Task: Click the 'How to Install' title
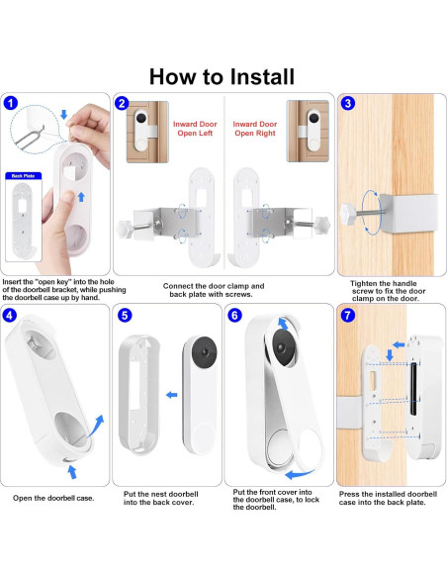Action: [x=222, y=76]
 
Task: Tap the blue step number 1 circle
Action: [x=11, y=103]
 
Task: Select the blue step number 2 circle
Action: [x=122, y=103]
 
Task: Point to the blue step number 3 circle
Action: [x=347, y=103]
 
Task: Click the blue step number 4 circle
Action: [x=9, y=315]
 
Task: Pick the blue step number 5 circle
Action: [x=125, y=315]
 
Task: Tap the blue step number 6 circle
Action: [x=235, y=315]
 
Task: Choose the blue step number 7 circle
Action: [x=347, y=315]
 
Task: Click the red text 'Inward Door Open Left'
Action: [x=195, y=129]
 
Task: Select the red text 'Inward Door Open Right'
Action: [x=255, y=129]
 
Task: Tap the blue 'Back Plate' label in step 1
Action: [x=23, y=176]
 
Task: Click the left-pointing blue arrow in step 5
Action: [x=172, y=395]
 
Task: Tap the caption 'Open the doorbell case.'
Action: [x=53, y=498]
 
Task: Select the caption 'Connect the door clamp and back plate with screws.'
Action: [x=214, y=290]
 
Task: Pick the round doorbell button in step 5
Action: [x=203, y=437]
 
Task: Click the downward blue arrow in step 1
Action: [x=63, y=114]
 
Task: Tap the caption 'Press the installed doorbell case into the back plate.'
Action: [x=388, y=498]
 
